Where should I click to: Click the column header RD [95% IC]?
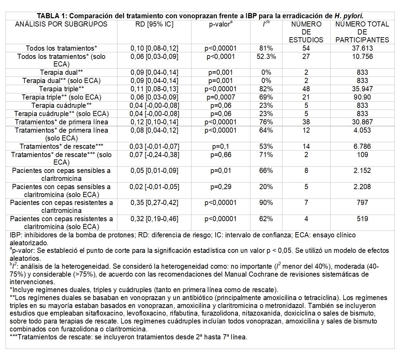click(x=154, y=24)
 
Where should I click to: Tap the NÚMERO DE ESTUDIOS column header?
click(x=306, y=32)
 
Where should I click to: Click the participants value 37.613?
click(x=362, y=49)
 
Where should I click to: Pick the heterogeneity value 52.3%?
click(x=266, y=56)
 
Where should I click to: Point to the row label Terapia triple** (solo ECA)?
click(x=62, y=97)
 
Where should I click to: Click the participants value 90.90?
click(x=362, y=97)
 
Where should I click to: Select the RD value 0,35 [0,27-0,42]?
click(x=154, y=203)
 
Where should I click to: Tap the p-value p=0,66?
click(x=221, y=155)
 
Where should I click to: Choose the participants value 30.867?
click(x=362, y=122)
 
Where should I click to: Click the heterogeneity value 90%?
click(x=266, y=203)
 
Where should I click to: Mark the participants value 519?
click(x=362, y=219)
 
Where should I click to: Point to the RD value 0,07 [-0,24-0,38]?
click(x=154, y=155)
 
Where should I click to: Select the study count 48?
click(x=306, y=89)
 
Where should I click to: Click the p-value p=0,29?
click(x=221, y=187)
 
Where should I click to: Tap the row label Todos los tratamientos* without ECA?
click(x=62, y=49)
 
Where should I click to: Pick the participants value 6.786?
click(x=362, y=146)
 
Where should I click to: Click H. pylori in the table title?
click(x=349, y=16)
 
